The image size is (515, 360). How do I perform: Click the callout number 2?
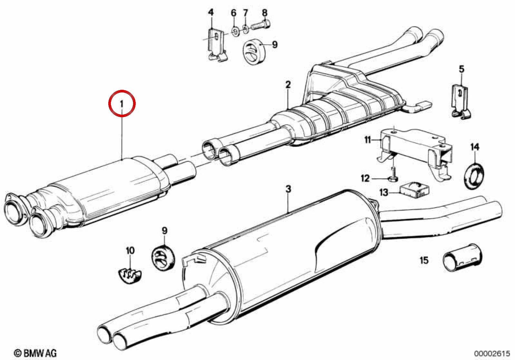(x=288, y=85)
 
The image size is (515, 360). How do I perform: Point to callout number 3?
(x=288, y=189)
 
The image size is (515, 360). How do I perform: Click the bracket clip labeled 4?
(x=216, y=45)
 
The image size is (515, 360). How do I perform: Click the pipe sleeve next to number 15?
(x=462, y=258)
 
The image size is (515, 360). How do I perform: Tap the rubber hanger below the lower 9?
(x=163, y=257)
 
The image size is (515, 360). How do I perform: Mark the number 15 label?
(x=424, y=260)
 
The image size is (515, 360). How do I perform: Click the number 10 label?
(x=130, y=251)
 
